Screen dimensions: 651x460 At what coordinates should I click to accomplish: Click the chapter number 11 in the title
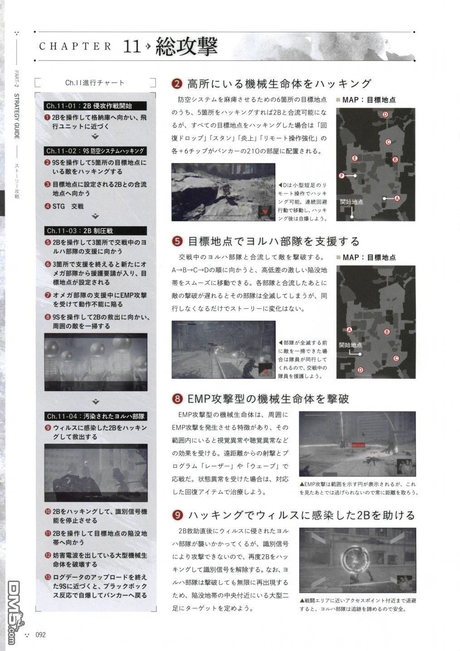coord(132,46)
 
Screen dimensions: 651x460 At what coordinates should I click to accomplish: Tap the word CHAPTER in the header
coord(75,46)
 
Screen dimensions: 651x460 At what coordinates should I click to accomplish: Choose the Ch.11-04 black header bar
coord(96,416)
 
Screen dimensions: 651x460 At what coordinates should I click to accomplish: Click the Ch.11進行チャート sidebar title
coord(95,83)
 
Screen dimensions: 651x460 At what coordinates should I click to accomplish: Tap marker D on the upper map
coord(385,114)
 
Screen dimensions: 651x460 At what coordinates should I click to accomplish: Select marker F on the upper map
coord(341,175)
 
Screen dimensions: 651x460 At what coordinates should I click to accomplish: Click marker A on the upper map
coord(397,198)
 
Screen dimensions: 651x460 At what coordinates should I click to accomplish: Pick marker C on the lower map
coord(396,358)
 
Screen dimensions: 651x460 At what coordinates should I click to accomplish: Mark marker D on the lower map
coord(360,369)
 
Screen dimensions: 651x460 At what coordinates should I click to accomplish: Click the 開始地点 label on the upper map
coord(352,202)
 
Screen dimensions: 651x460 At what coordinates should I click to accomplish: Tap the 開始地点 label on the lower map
coord(351,345)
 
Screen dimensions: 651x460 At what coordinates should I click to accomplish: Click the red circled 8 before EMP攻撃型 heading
coord(177,399)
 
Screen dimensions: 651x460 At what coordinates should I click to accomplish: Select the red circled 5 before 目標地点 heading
coord(177,241)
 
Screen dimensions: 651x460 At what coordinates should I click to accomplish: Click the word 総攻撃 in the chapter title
coord(186,46)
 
